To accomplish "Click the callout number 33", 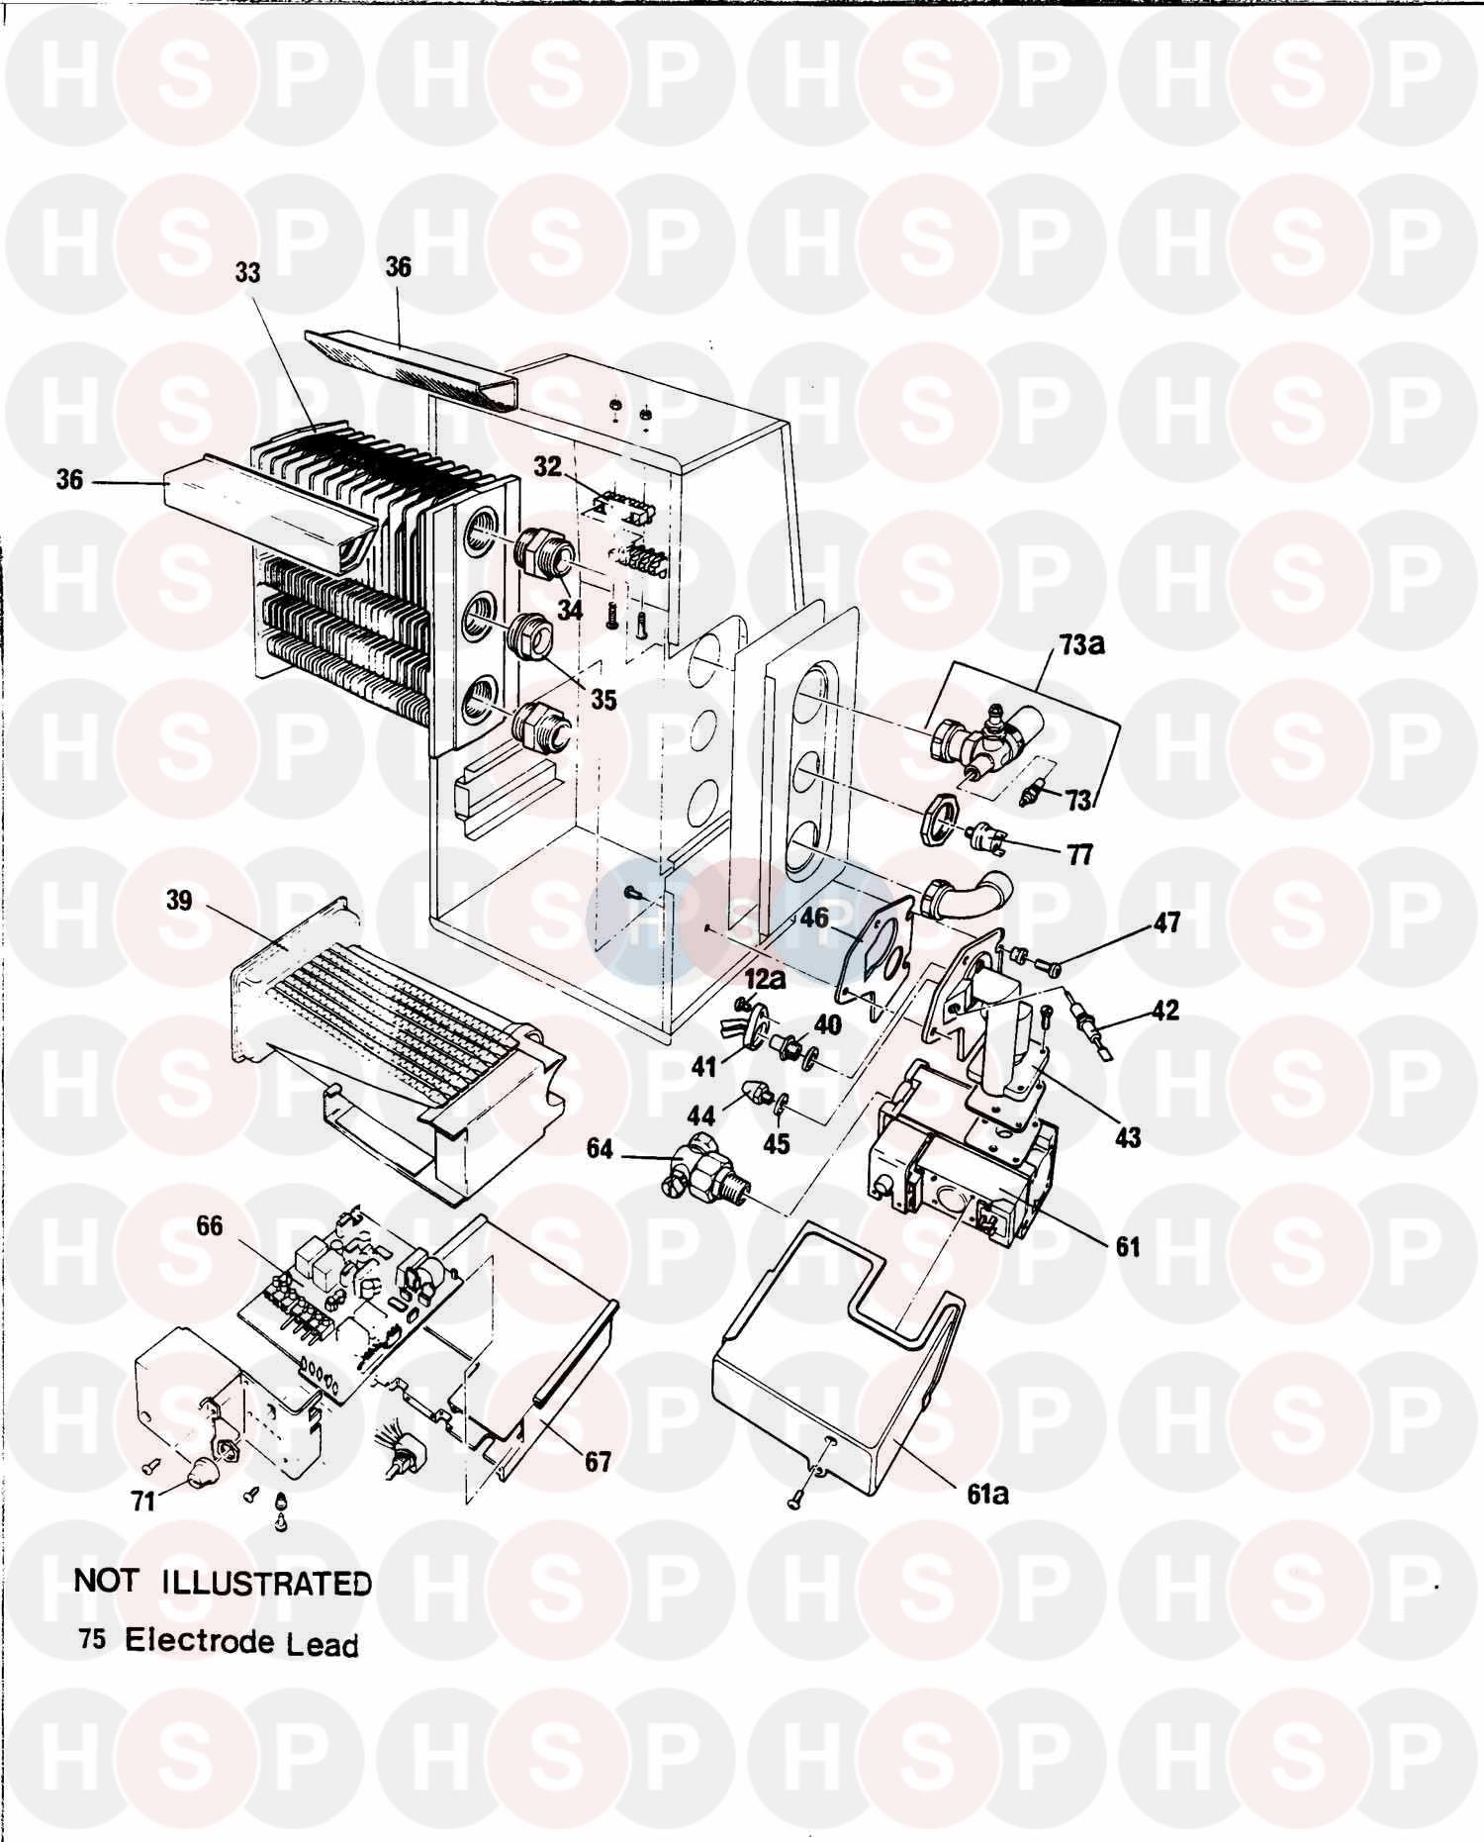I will [247, 272].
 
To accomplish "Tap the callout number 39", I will [180, 902].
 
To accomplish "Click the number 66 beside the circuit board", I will [209, 1226].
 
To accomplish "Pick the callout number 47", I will [1166, 922].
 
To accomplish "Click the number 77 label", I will [1079, 853].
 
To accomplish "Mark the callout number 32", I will [547, 467].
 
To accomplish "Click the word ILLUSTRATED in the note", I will [266, 1583].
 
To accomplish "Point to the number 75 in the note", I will [93, 1639].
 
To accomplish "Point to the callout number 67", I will [598, 1460].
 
